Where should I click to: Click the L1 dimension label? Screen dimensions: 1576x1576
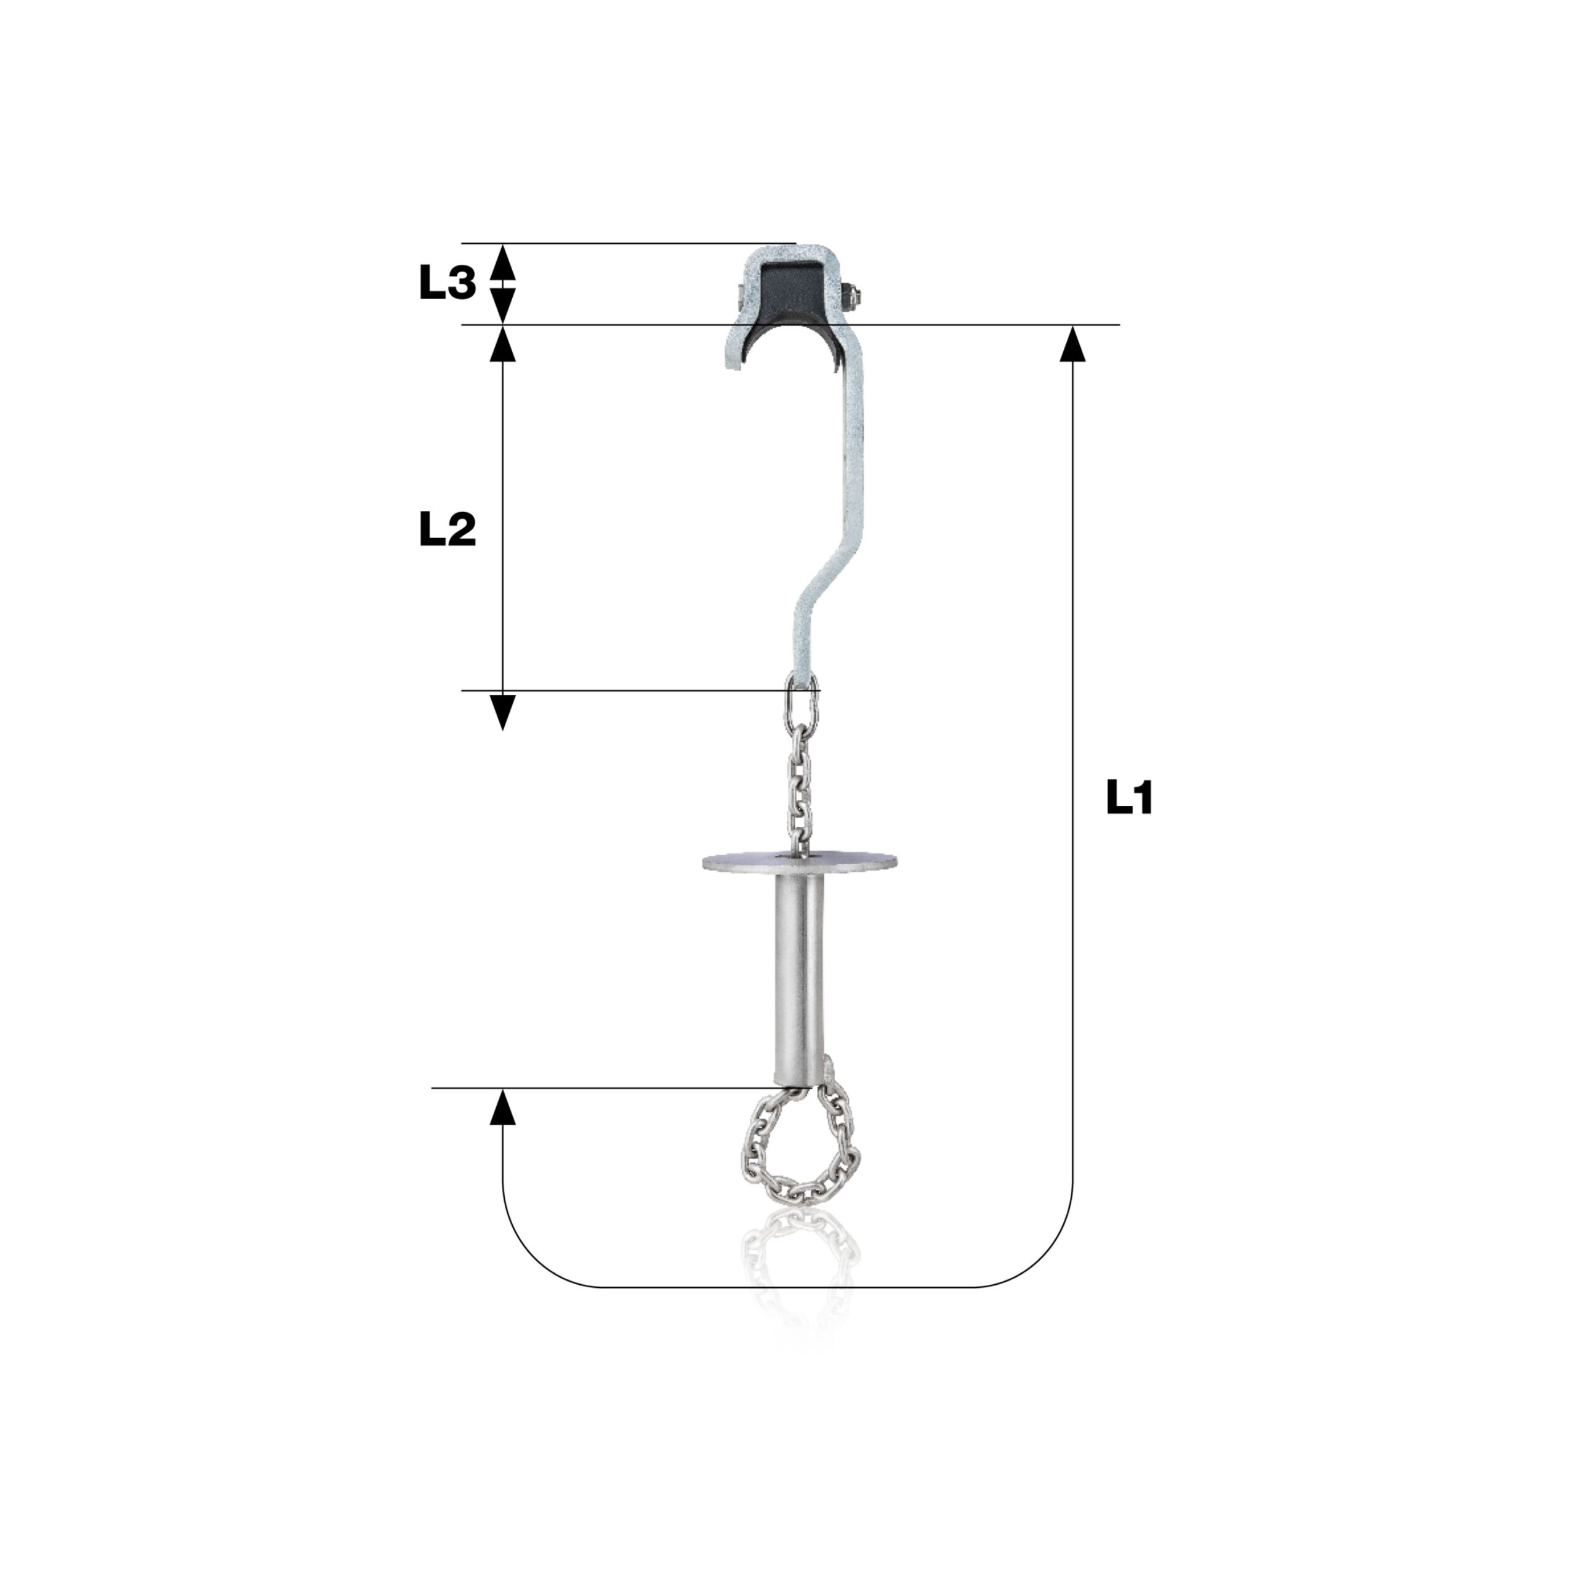click(1130, 797)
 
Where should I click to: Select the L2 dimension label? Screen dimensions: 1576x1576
click(447, 530)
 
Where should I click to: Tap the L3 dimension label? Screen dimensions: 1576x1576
click(447, 283)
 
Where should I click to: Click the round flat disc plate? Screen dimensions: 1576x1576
click(800, 861)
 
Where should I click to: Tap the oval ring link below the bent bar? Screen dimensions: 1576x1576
click(803, 698)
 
